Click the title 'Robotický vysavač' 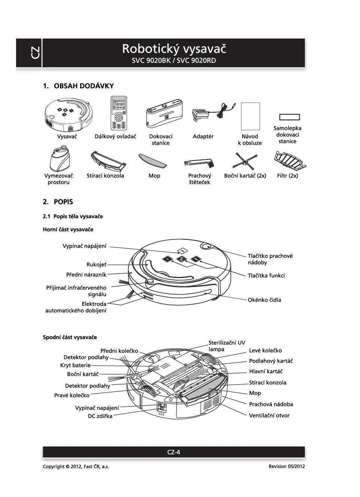(x=174, y=49)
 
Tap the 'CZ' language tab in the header (x=35, y=53)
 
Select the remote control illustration (x=119, y=113)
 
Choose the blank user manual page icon (x=250, y=116)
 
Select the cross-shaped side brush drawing (x=244, y=162)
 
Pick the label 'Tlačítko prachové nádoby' (x=270, y=259)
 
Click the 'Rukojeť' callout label (x=96, y=265)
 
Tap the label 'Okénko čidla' (x=264, y=300)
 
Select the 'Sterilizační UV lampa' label (x=227, y=346)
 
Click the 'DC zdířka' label (x=100, y=416)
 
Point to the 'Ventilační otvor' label (x=269, y=415)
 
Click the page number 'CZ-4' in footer (x=174, y=452)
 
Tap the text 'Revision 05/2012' (x=286, y=466)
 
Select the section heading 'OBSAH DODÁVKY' (x=84, y=86)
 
